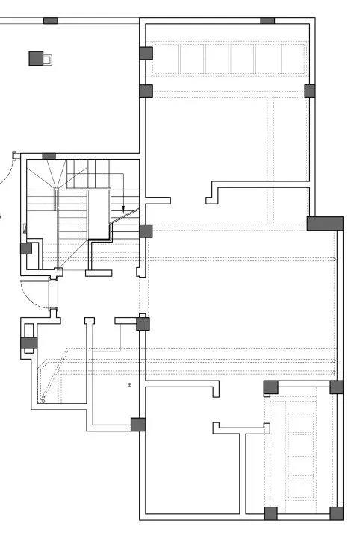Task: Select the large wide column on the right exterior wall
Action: tap(325, 223)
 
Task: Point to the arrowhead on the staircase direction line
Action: tap(123, 207)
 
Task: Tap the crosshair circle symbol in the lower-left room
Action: tap(129, 384)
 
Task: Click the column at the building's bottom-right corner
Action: tap(336, 513)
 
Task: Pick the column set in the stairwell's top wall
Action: tap(49, 156)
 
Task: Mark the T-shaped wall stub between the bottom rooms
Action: tap(241, 429)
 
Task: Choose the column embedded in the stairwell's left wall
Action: tap(25, 248)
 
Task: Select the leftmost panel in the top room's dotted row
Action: tap(190, 58)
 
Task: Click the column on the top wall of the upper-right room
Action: tap(267, 21)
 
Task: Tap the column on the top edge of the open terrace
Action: tap(51, 20)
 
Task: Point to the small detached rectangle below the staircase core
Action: tap(99, 273)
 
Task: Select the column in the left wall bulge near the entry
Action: tap(28, 343)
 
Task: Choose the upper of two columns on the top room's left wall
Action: tap(146, 53)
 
